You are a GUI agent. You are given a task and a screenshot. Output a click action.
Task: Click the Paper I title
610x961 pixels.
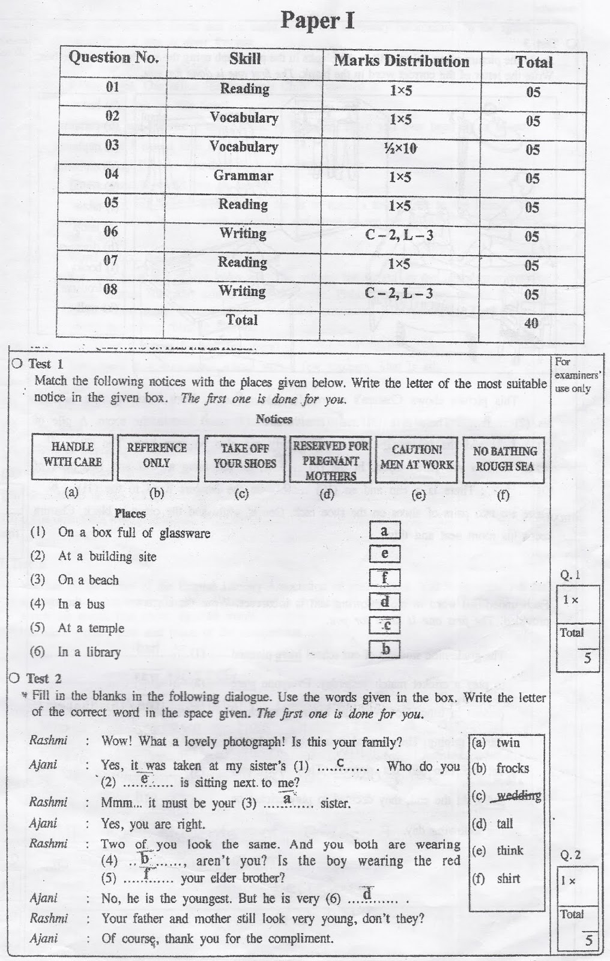(318, 21)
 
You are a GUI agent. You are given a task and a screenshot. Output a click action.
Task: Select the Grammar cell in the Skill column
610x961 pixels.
(243, 176)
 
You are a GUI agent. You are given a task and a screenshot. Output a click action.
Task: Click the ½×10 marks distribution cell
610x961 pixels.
(400, 148)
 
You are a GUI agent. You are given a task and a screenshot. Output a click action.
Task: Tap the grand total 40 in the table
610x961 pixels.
(531, 323)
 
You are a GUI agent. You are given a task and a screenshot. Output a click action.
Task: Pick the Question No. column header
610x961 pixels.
(113, 58)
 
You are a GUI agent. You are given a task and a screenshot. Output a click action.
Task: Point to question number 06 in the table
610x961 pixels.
(112, 232)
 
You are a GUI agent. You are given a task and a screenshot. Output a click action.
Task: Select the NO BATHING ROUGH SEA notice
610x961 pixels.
(504, 459)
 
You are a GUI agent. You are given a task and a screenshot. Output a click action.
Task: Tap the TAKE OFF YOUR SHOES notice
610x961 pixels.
(244, 456)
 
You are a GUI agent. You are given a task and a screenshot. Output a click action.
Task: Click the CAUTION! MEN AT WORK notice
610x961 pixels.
(417, 458)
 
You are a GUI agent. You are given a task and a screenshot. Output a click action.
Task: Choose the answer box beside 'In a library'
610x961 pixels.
(385, 649)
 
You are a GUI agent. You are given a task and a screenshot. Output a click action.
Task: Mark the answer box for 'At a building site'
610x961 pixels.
(385, 554)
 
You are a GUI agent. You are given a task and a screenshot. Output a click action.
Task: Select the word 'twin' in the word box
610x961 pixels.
(508, 743)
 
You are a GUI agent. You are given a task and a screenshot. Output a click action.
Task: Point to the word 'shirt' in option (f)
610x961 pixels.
(508, 879)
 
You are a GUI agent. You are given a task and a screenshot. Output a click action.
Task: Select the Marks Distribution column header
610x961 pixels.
(401, 61)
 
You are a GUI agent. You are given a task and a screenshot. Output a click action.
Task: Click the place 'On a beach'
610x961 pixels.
(88, 580)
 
